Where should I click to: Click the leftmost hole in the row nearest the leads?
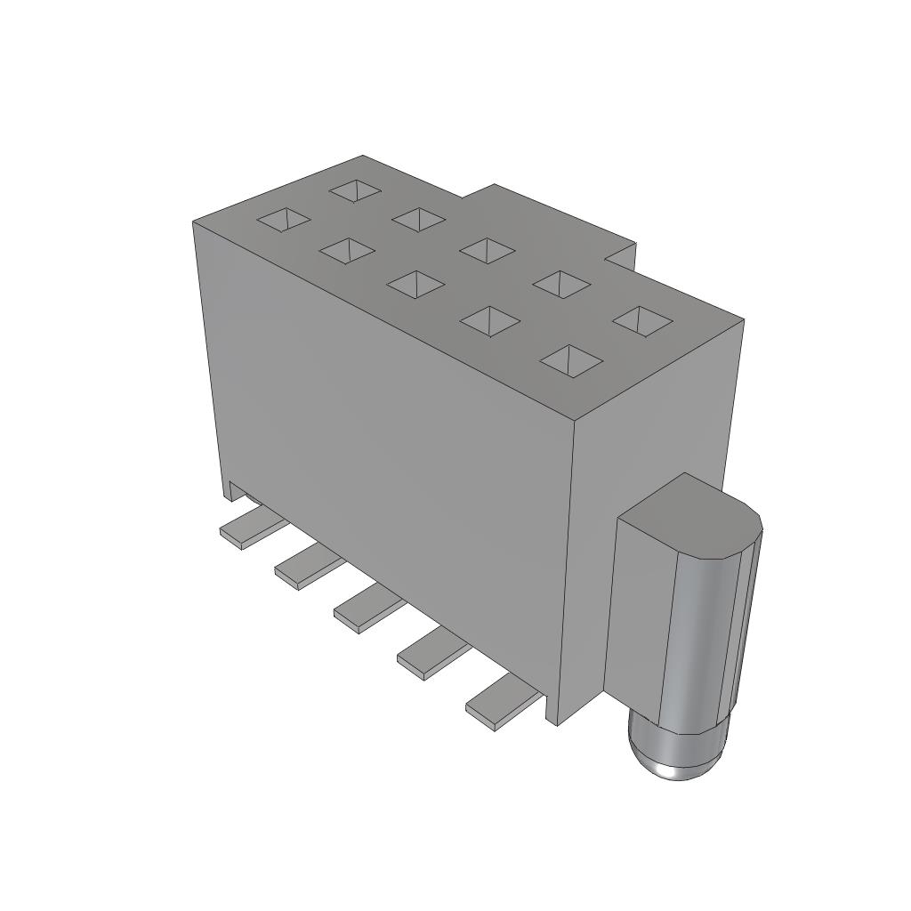(x=284, y=220)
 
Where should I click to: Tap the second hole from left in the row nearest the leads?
(x=346, y=251)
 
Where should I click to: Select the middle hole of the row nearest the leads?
(x=415, y=285)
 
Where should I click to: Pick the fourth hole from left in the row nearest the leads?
(x=489, y=321)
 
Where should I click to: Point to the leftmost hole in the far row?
(x=356, y=190)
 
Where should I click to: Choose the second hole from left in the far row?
(x=418, y=219)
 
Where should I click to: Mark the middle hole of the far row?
(x=487, y=251)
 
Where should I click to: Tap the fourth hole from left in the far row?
(x=561, y=284)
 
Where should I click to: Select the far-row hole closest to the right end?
(x=641, y=320)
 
